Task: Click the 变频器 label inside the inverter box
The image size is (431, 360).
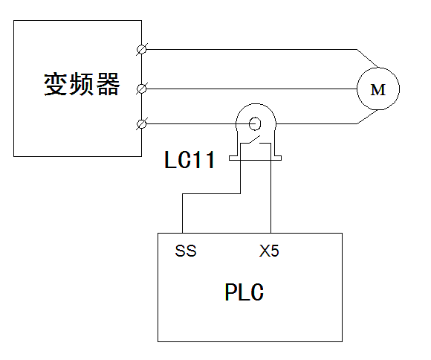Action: point(82,84)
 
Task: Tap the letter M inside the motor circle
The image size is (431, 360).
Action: point(378,90)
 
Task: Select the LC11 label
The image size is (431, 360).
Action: point(189,160)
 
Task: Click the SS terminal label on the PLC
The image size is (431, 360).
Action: point(186,251)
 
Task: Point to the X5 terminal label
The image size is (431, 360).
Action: point(269,251)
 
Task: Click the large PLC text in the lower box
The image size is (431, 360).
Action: point(244,292)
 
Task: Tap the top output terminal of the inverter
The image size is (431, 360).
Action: point(141,50)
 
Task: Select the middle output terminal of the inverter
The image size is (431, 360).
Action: point(141,89)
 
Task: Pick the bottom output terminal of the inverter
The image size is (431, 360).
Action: point(141,124)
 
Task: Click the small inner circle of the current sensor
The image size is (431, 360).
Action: point(255,123)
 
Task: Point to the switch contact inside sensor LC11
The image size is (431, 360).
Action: point(256,141)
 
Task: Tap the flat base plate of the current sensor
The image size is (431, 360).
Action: point(255,158)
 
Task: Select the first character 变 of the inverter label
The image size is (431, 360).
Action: point(55,84)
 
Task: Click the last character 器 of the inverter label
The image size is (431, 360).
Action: point(108,84)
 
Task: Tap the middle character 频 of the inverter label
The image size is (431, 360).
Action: point(82,84)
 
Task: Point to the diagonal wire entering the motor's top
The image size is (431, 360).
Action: point(367,58)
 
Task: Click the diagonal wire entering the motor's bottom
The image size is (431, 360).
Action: point(367,117)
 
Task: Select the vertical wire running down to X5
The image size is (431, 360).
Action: point(270,188)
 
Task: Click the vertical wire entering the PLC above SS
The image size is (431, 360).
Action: point(182,213)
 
